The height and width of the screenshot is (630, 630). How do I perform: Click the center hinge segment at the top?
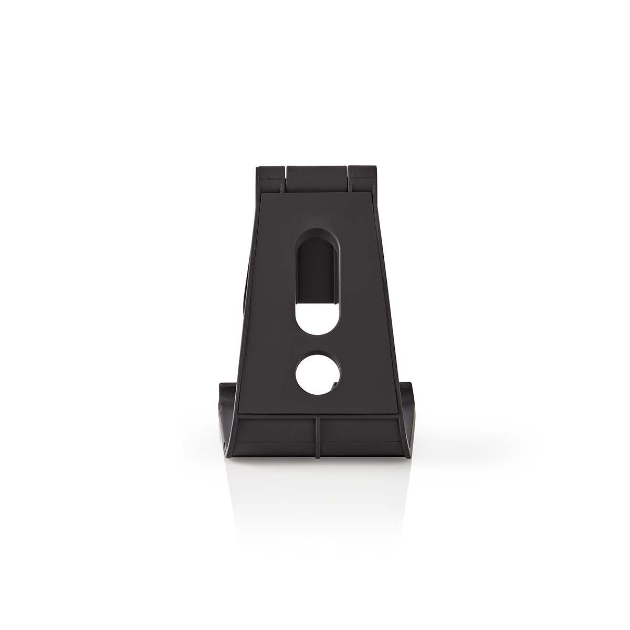(x=317, y=178)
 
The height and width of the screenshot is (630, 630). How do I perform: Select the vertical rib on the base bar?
(x=317, y=436)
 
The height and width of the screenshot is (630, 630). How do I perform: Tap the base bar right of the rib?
(x=362, y=436)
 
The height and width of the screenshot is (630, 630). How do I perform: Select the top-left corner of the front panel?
(x=262, y=195)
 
